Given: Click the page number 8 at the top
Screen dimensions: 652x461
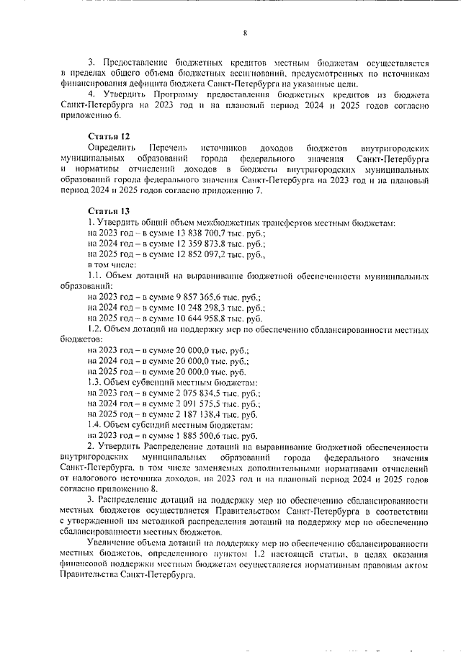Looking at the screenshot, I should point(244,32).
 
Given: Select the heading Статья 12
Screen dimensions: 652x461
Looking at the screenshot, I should point(109,136).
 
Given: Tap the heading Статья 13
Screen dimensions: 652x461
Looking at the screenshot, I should point(109,211).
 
